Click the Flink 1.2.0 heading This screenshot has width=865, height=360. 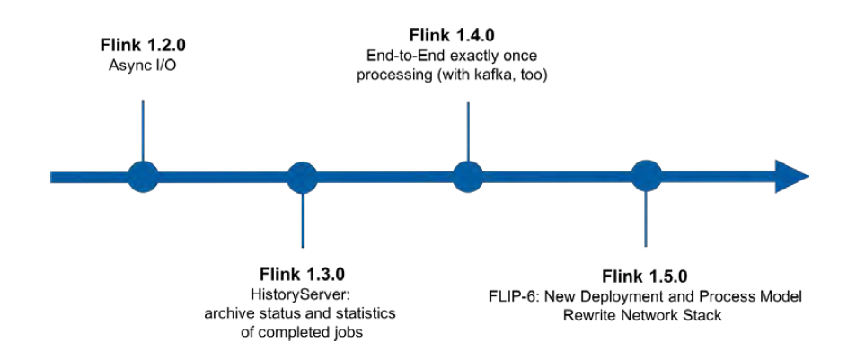tap(144, 43)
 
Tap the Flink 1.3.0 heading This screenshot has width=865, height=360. tap(302, 273)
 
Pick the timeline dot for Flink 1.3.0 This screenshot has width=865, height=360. tap(302, 176)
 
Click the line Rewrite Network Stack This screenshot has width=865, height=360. tap(645, 314)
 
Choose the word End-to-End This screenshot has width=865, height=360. tap(399, 55)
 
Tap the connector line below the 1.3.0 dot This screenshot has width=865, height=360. tap(302, 220)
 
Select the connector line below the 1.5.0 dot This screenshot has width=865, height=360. tap(645, 220)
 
